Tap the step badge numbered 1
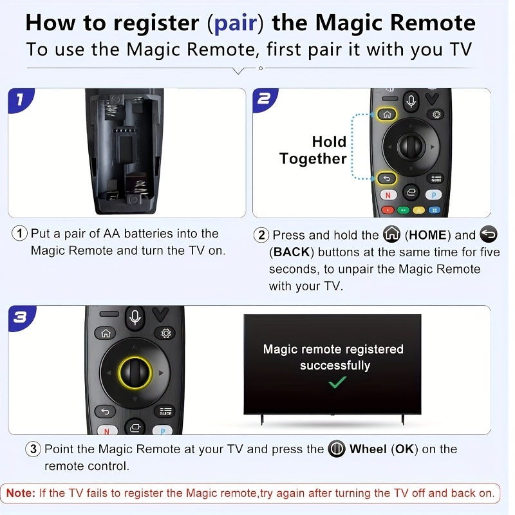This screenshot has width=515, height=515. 20,99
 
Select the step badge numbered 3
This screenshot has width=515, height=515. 21,317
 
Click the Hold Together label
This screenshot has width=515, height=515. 314,150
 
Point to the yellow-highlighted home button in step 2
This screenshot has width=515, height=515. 387,115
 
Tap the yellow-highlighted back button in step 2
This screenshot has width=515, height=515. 386,178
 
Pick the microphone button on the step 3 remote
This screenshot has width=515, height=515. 135,317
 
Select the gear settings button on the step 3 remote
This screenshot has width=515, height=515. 166,333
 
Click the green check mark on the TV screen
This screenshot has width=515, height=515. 337,382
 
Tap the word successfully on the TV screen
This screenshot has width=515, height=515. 335,366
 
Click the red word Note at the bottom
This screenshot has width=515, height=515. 21,494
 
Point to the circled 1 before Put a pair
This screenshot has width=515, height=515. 20,234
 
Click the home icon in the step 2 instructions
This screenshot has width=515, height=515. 391,234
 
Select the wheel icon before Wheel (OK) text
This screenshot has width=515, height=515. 337,449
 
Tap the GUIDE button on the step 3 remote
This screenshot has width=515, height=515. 165,411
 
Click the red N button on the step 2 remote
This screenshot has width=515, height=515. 388,194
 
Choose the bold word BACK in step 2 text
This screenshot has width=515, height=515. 292,252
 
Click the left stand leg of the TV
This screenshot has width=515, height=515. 261,419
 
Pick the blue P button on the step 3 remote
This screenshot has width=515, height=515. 162,431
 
